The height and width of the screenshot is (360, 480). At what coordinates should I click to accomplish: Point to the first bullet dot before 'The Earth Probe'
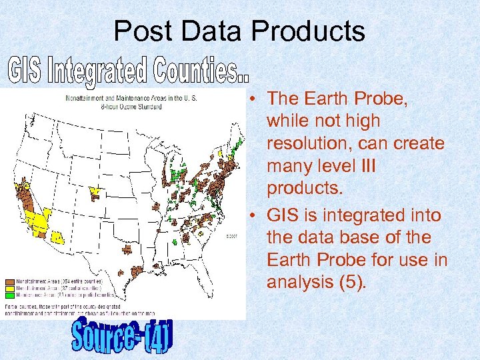click(255, 99)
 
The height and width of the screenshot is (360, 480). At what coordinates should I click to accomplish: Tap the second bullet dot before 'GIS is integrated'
click(255, 217)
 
